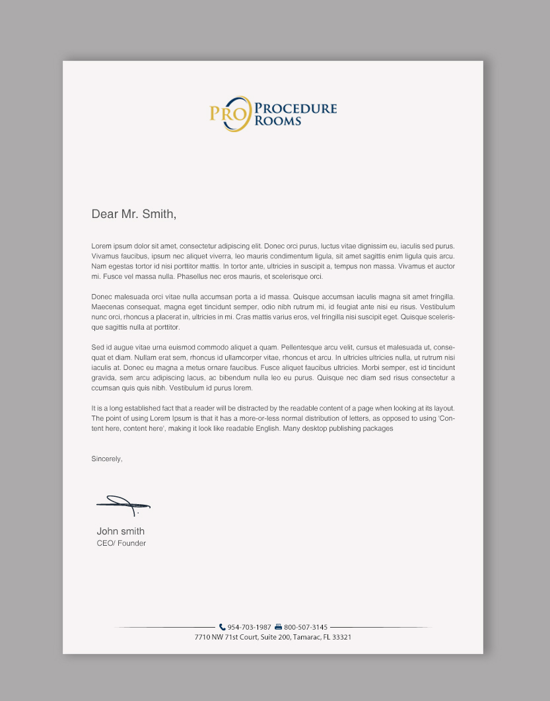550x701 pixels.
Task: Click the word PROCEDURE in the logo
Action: click(296, 108)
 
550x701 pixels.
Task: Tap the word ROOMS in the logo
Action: click(278, 121)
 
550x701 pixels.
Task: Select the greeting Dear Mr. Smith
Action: click(134, 214)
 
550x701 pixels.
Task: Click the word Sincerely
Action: click(107, 459)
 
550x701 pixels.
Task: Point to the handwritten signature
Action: click(123, 505)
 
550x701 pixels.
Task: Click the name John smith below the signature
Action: click(121, 531)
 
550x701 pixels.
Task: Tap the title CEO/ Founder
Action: click(121, 543)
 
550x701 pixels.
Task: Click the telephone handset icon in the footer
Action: click(223, 627)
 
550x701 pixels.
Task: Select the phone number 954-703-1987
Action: click(250, 627)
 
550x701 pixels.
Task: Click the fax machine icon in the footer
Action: click(278, 627)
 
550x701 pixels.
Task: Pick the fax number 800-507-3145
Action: click(306, 627)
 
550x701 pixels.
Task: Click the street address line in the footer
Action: click(273, 637)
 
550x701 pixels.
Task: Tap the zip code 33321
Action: click(341, 637)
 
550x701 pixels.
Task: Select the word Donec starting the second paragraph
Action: click(102, 297)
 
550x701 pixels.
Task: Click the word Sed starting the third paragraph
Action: click(97, 347)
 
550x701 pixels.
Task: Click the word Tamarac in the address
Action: click(306, 637)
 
